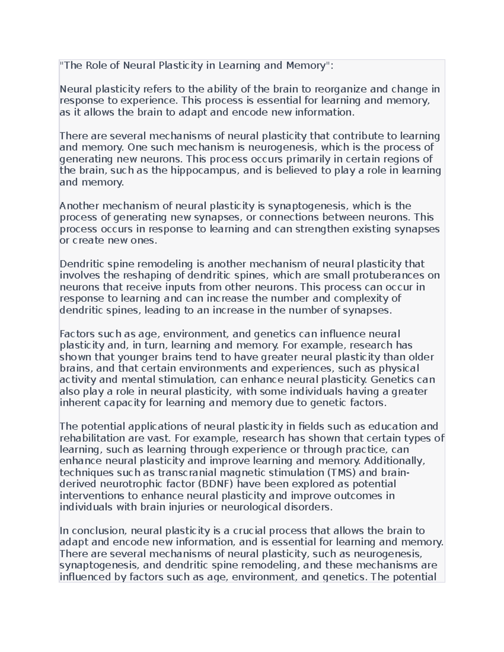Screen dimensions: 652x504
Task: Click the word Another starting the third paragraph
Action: [79, 206]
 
